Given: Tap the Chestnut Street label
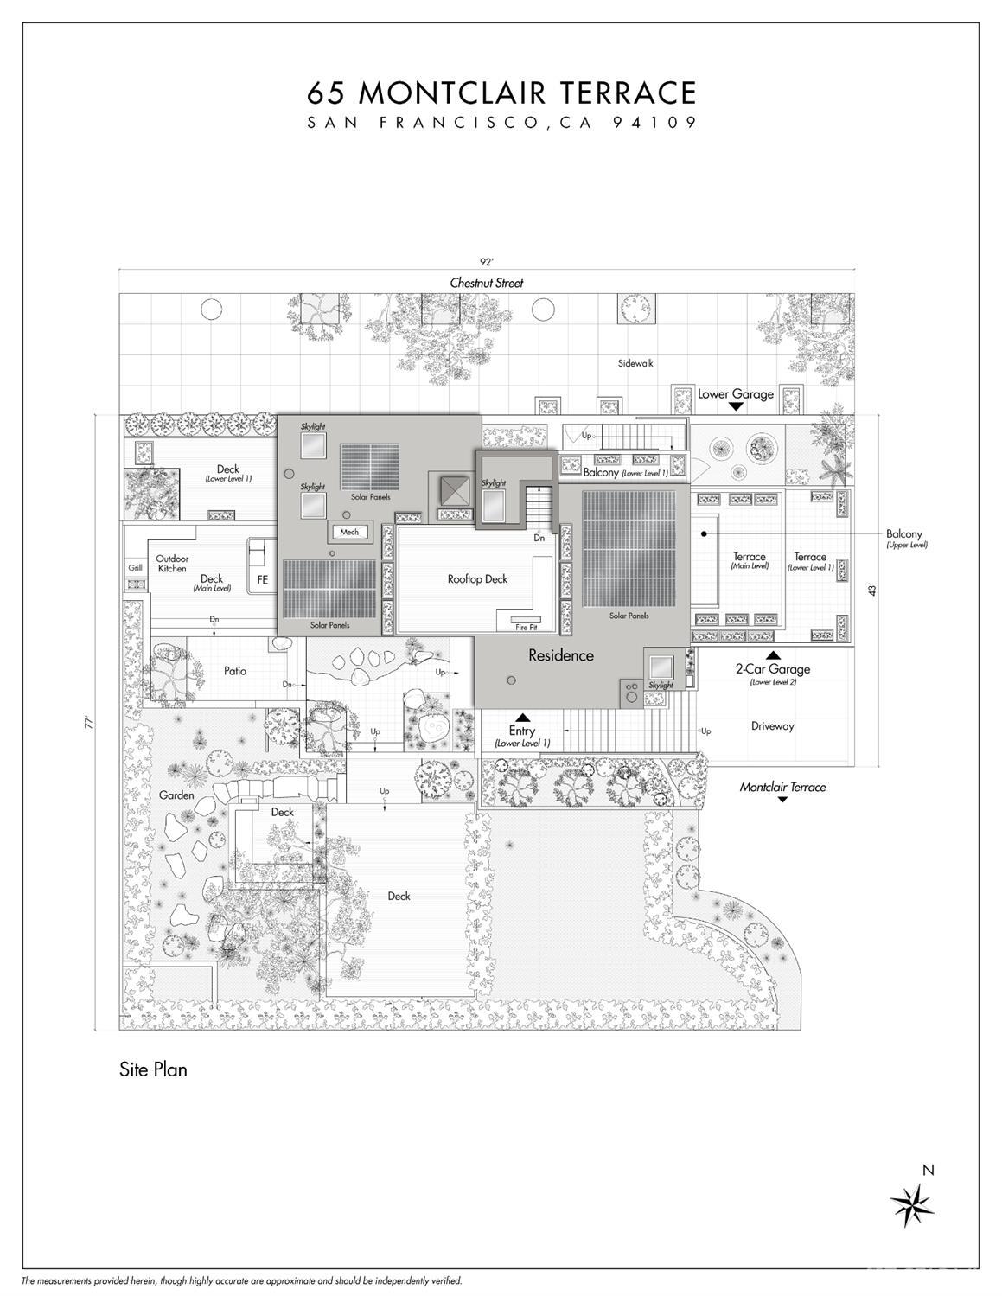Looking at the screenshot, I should tap(487, 283).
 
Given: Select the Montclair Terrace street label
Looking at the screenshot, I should tap(782, 787).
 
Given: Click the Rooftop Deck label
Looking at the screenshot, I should tap(477, 579).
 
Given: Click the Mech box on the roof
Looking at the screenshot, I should tap(349, 532).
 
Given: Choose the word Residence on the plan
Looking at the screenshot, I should tap(561, 655).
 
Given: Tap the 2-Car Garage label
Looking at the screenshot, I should tap(773, 669).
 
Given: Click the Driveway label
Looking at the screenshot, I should tap(772, 726).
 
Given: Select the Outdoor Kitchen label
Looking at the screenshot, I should tap(172, 564).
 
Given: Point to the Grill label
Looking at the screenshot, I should tap(136, 568).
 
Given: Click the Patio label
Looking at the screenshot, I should tap(235, 671).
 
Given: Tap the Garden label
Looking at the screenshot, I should tap(176, 795).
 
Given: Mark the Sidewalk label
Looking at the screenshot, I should tap(635, 363).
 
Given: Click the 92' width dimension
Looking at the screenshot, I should tap(487, 260).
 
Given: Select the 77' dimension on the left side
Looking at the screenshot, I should tap(89, 723).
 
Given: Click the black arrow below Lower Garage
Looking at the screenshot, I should tap(736, 406).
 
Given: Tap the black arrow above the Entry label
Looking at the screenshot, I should tap(522, 718).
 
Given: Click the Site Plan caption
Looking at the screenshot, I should tap(153, 1069).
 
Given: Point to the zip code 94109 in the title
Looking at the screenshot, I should tap(654, 123).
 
